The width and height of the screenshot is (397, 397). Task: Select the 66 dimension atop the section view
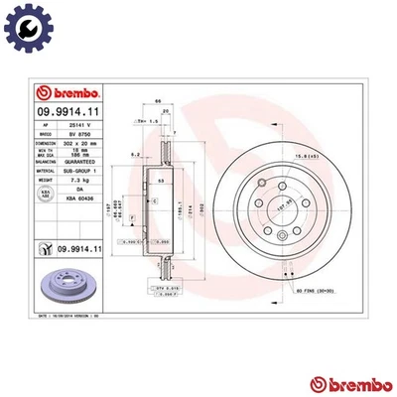[158, 102]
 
